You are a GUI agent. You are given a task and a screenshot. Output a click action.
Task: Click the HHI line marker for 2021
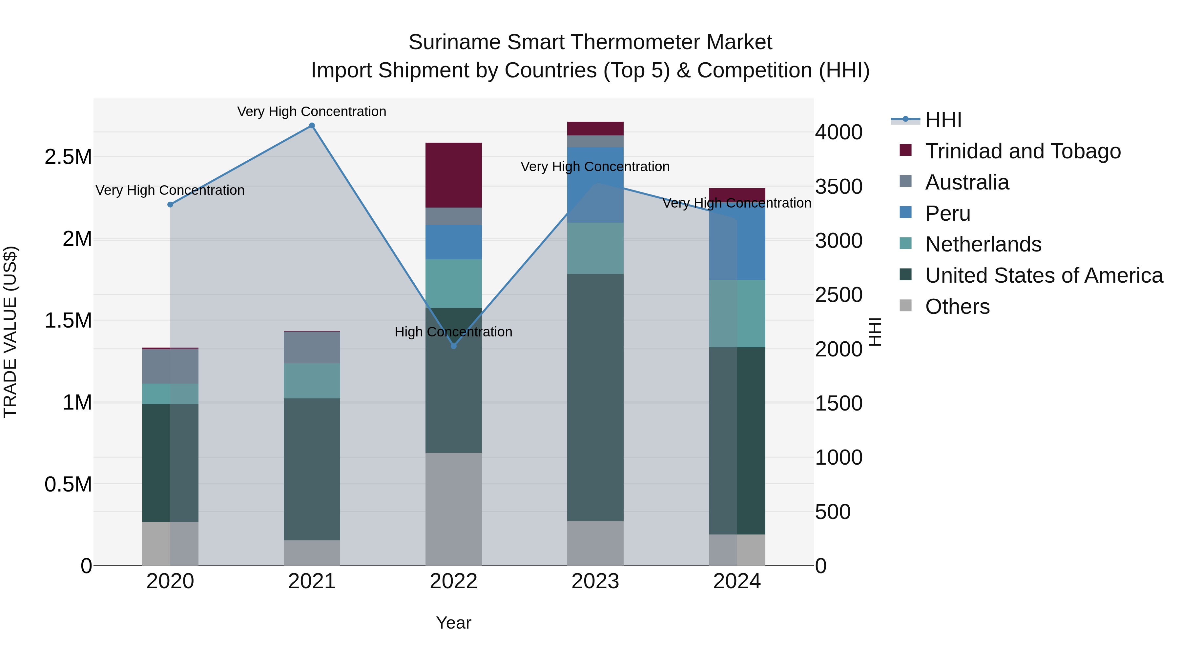(x=312, y=126)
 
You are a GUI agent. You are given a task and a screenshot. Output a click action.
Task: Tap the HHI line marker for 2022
(x=453, y=346)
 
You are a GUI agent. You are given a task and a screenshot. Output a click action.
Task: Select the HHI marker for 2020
(x=170, y=204)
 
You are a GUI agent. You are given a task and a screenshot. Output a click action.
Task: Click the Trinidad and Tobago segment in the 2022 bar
(x=453, y=175)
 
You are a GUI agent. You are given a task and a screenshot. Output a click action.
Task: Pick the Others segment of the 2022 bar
(x=453, y=509)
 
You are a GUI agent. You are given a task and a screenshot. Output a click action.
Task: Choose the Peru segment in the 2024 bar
(x=737, y=243)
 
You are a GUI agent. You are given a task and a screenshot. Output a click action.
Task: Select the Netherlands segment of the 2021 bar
(x=312, y=381)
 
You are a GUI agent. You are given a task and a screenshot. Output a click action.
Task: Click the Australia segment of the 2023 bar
(x=595, y=141)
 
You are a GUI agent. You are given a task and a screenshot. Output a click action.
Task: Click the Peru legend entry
(x=948, y=213)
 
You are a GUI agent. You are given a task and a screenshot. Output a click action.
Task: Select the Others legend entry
(x=957, y=307)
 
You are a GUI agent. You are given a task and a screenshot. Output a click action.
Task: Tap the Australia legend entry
(x=967, y=182)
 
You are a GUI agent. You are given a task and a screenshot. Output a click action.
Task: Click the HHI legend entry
(x=943, y=120)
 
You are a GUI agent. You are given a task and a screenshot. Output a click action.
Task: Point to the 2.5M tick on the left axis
(x=68, y=157)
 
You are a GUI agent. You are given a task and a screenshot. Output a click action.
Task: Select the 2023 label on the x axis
(x=595, y=581)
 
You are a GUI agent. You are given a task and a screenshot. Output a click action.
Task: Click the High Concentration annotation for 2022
(x=453, y=332)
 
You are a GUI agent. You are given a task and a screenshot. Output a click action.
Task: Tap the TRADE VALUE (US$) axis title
(x=10, y=332)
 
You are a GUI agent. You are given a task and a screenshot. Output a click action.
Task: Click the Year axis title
(x=453, y=623)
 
